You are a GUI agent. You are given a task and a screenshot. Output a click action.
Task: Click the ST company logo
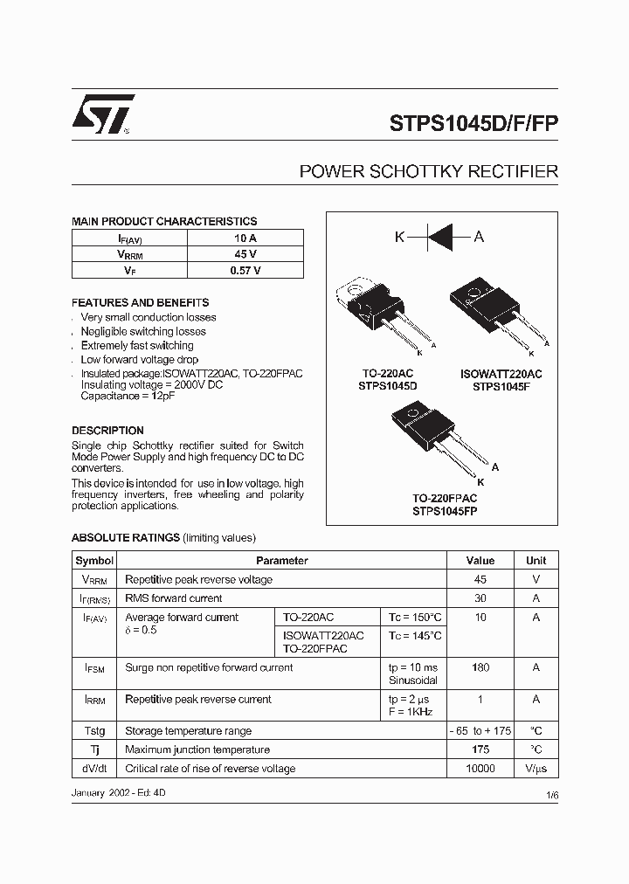click(102, 114)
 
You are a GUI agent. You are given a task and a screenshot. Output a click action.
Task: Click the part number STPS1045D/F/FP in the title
click(473, 123)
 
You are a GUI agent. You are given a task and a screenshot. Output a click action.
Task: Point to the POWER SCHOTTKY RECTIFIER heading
click(428, 172)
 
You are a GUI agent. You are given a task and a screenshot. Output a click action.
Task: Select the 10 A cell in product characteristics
click(245, 238)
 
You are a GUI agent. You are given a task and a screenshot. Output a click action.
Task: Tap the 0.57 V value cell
click(245, 271)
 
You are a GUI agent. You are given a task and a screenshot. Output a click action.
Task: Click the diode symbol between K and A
click(440, 237)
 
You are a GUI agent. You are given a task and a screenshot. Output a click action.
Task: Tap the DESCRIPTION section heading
click(107, 431)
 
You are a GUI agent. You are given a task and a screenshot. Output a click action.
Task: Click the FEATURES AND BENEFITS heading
click(140, 302)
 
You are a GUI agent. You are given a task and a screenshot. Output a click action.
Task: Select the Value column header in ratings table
click(480, 561)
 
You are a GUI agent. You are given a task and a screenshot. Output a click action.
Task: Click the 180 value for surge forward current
click(480, 667)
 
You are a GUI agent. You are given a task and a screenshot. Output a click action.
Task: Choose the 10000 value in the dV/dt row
click(480, 769)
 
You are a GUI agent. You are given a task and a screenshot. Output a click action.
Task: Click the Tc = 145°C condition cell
click(415, 636)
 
